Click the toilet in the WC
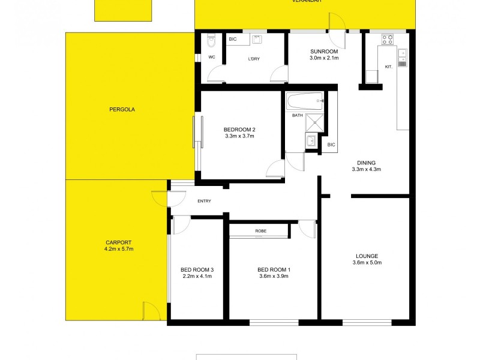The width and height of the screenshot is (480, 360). (x=211, y=42)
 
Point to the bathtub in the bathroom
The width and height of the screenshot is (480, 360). (x=305, y=100)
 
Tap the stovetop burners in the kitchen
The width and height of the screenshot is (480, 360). (x=388, y=41)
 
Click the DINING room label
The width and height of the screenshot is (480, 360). (x=366, y=163)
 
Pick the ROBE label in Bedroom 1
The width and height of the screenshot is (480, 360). (x=260, y=231)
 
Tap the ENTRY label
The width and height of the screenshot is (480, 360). (x=204, y=200)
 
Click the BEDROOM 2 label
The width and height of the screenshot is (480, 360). (x=239, y=130)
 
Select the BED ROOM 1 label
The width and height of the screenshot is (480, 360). (x=273, y=269)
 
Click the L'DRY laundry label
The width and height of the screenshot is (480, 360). (x=253, y=59)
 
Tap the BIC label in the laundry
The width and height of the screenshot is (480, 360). (x=233, y=40)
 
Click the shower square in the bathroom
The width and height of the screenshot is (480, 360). (x=314, y=122)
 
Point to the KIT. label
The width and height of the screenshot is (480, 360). (x=388, y=67)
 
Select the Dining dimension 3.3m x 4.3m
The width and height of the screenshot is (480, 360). (x=366, y=169)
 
